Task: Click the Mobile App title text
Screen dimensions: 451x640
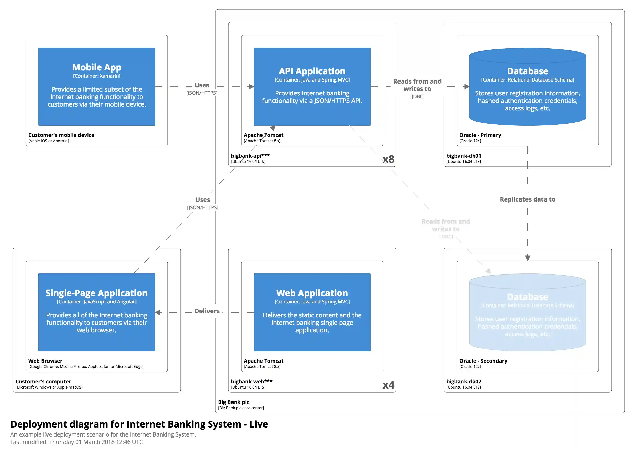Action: pyautogui.click(x=97, y=67)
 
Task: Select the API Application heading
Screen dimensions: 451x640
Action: pyautogui.click(x=312, y=71)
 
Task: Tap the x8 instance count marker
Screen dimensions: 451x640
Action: pyautogui.click(x=388, y=159)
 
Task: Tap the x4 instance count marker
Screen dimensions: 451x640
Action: pyautogui.click(x=388, y=385)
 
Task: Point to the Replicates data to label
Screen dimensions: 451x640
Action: pyautogui.click(x=527, y=199)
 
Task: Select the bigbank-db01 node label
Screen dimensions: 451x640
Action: pyautogui.click(x=463, y=156)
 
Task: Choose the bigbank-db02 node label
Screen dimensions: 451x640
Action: pyautogui.click(x=463, y=382)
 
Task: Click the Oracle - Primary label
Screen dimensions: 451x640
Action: pyautogui.click(x=480, y=135)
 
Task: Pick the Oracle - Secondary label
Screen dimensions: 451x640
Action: pyautogui.click(x=483, y=361)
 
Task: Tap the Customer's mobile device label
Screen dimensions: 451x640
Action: pyautogui.click(x=61, y=135)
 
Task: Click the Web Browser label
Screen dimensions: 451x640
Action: pyautogui.click(x=45, y=361)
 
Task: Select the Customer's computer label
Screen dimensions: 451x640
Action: pyautogui.click(x=43, y=382)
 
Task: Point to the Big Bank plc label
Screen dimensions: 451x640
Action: pyautogui.click(x=234, y=402)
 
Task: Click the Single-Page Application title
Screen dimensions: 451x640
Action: pyautogui.click(x=97, y=293)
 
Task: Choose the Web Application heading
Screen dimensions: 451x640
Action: pyautogui.click(x=312, y=293)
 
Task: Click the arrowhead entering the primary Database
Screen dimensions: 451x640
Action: pyautogui.click(x=466, y=87)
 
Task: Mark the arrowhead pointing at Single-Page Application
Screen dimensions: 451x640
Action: pyautogui.click(x=158, y=312)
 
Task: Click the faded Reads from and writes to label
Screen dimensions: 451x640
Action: pyautogui.click(x=445, y=225)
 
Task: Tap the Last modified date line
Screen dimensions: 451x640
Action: pyautogui.click(x=77, y=442)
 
